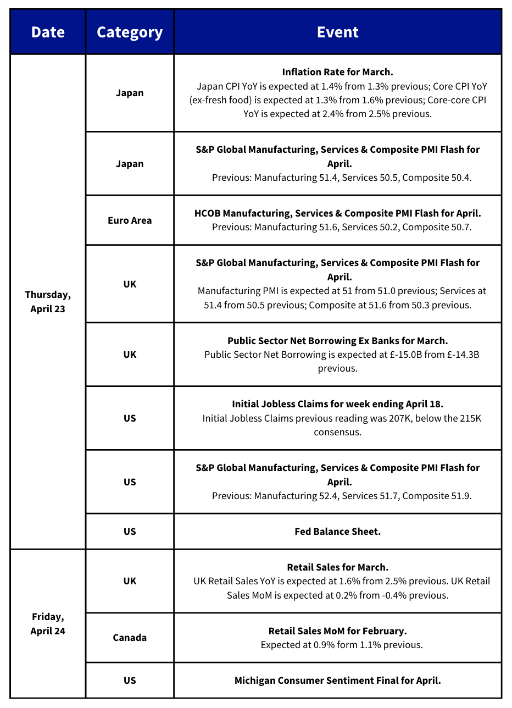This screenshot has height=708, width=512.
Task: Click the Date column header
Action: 48,32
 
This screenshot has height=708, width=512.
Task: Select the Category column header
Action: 130,32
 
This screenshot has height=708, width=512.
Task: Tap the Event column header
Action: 337,32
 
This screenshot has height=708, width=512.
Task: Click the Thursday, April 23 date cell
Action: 48,302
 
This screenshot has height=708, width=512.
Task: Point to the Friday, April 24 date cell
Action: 48,624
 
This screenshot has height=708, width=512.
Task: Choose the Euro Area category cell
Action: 130,220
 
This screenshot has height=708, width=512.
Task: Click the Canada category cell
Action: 130,638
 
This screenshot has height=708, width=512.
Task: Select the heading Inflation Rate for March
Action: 337,72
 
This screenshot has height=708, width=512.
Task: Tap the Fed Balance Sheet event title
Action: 337,532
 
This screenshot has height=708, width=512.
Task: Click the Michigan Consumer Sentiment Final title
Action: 337,681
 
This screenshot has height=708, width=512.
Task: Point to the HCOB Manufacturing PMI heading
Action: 337,213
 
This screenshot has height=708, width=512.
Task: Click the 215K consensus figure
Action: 471,418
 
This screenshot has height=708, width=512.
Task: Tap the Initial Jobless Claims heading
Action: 337,404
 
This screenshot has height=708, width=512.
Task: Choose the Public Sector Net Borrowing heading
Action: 337,341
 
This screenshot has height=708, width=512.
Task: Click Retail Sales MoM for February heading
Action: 337,630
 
